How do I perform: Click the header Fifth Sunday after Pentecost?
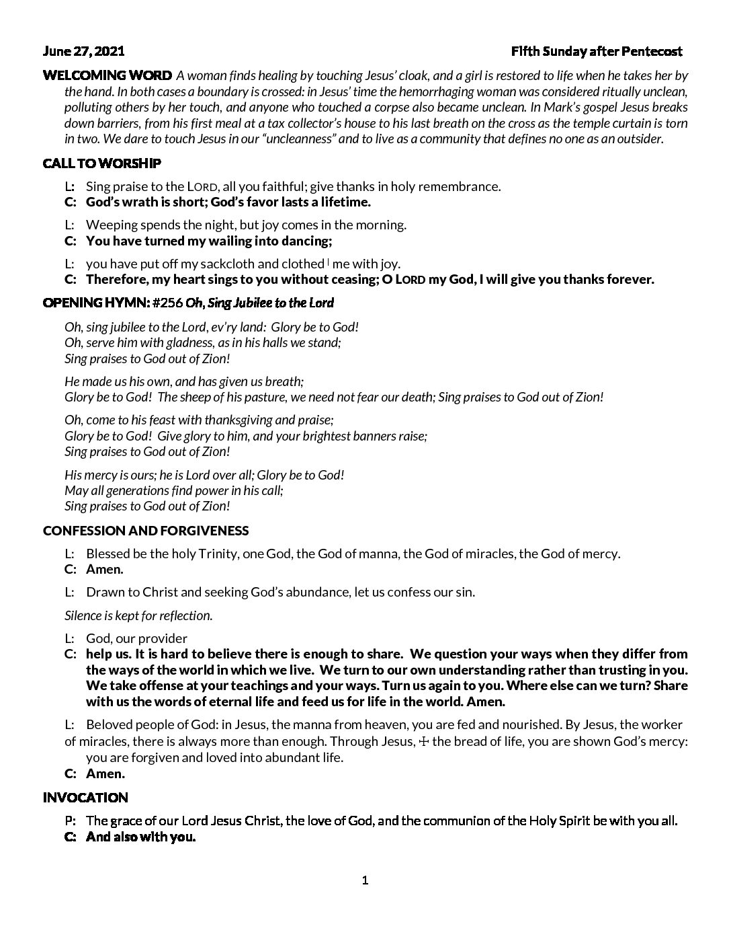(x=597, y=51)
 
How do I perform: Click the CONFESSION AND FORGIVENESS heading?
(x=146, y=531)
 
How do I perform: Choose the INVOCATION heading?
(x=85, y=798)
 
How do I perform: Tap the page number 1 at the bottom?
(x=365, y=880)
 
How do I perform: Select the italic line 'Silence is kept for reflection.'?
(x=138, y=615)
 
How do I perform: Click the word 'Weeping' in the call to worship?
(x=111, y=225)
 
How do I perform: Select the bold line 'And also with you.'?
(x=141, y=837)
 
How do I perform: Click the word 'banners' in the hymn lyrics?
(x=369, y=436)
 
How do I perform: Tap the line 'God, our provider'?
(x=136, y=638)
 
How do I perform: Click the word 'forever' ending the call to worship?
(x=630, y=280)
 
